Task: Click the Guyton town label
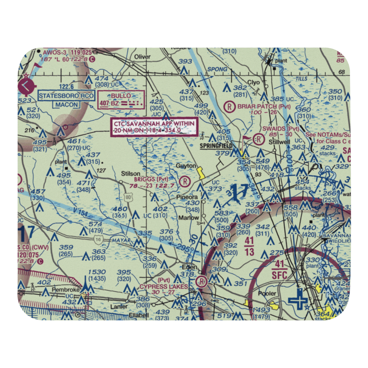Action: (186, 166)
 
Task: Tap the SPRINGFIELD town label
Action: (216, 146)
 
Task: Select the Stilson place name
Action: (131, 173)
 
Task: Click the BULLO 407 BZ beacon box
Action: (121, 100)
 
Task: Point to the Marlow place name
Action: (189, 217)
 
